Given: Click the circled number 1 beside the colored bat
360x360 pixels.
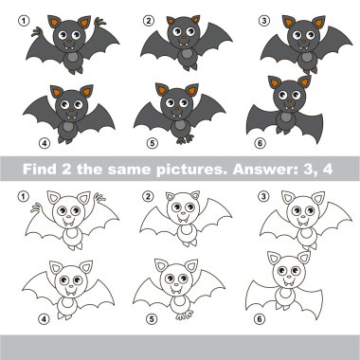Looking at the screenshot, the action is pyautogui.click(x=24, y=22).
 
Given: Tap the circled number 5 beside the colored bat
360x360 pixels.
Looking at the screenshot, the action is pyautogui.click(x=152, y=143).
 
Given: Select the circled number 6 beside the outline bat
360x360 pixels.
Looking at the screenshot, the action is pyautogui.click(x=260, y=319).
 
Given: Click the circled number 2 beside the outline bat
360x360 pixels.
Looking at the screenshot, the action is pyautogui.click(x=148, y=197).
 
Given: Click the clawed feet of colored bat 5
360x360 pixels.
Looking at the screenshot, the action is pyautogui.click(x=185, y=139).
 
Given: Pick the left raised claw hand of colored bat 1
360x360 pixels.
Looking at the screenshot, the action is pyautogui.click(x=37, y=31).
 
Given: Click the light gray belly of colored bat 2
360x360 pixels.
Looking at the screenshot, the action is pyautogui.click(x=187, y=53).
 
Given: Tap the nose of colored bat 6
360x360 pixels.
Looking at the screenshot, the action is pyautogui.click(x=290, y=101).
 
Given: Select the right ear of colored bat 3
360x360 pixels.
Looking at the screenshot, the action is pyautogui.click(x=318, y=22).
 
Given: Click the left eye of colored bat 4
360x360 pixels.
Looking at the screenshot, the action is pyautogui.click(x=65, y=104).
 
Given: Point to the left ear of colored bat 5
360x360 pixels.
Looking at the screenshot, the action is pyautogui.click(x=162, y=90).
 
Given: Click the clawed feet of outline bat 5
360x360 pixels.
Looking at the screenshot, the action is pyautogui.click(x=185, y=315).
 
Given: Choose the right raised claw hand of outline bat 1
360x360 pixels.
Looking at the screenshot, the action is pyautogui.click(x=99, y=198).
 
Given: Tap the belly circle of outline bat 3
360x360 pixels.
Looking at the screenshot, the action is pyautogui.click(x=305, y=233).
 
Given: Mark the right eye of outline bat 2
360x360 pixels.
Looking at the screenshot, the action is pyautogui.click(x=189, y=207).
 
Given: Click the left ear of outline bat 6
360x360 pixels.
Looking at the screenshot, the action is pyautogui.click(x=274, y=258).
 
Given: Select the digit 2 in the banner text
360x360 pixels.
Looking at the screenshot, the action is pyautogui.click(x=66, y=169).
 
